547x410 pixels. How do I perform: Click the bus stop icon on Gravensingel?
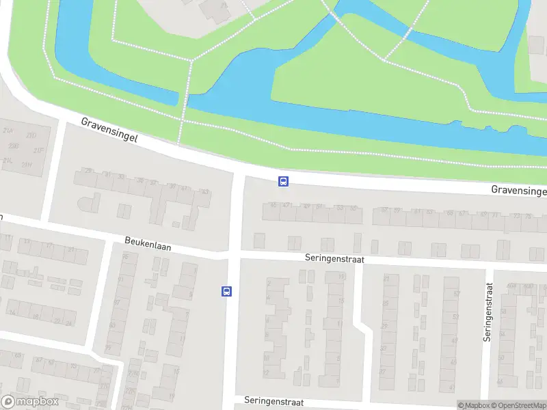(x=283, y=181)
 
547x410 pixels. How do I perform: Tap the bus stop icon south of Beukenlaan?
(x=226, y=291)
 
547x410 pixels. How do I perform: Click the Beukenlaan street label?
(x=148, y=243)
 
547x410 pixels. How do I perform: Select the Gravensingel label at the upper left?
(x=109, y=129)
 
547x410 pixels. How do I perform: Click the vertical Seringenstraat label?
(x=488, y=312)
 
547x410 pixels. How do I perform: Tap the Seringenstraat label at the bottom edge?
(x=273, y=402)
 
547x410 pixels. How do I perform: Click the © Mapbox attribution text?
(x=473, y=405)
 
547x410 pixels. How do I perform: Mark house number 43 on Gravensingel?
(x=205, y=192)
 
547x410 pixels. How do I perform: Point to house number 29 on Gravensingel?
(x=88, y=171)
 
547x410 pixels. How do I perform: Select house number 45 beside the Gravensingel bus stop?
(x=273, y=205)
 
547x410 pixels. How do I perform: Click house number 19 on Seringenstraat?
(x=341, y=277)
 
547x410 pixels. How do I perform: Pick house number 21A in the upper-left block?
(x=9, y=130)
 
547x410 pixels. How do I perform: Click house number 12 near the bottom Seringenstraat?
(x=267, y=373)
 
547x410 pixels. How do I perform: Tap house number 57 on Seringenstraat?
(x=456, y=294)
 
